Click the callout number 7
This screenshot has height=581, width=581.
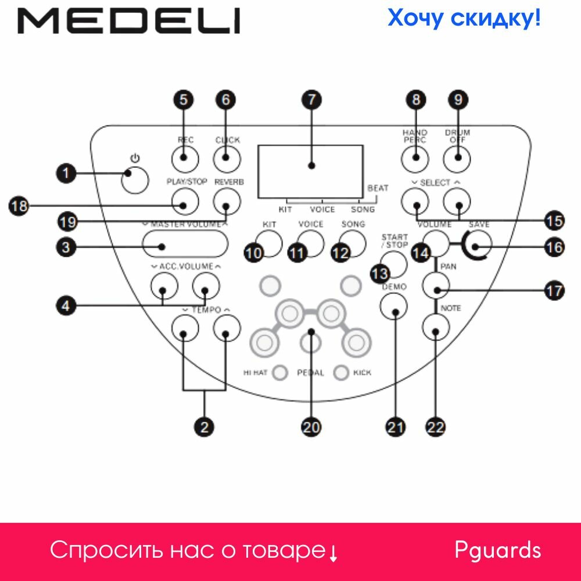[312, 100]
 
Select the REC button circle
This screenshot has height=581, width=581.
[185, 157]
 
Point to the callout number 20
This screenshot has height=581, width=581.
[311, 427]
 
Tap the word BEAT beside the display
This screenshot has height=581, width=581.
[378, 188]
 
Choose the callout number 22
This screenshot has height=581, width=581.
[436, 427]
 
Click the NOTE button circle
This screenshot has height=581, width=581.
[436, 328]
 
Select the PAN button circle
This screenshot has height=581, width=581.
[436, 285]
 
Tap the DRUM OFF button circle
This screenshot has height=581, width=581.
[458, 157]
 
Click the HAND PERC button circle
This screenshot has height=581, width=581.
[415, 157]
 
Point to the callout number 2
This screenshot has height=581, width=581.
[205, 427]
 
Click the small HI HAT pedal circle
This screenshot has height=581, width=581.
[281, 372]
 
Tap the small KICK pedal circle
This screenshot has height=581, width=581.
[341, 372]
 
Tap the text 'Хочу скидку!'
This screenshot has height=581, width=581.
[464, 18]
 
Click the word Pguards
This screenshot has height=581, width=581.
[497, 550]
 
